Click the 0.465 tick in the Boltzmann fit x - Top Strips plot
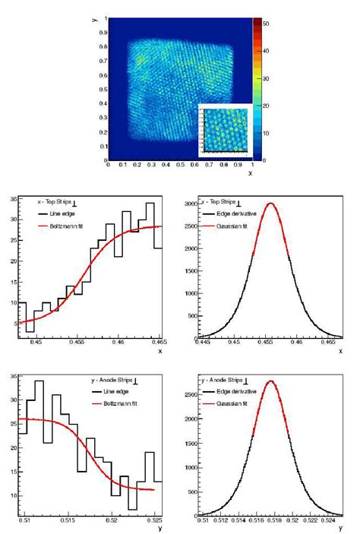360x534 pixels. coord(155,343)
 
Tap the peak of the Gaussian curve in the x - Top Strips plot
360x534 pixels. coord(270,203)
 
